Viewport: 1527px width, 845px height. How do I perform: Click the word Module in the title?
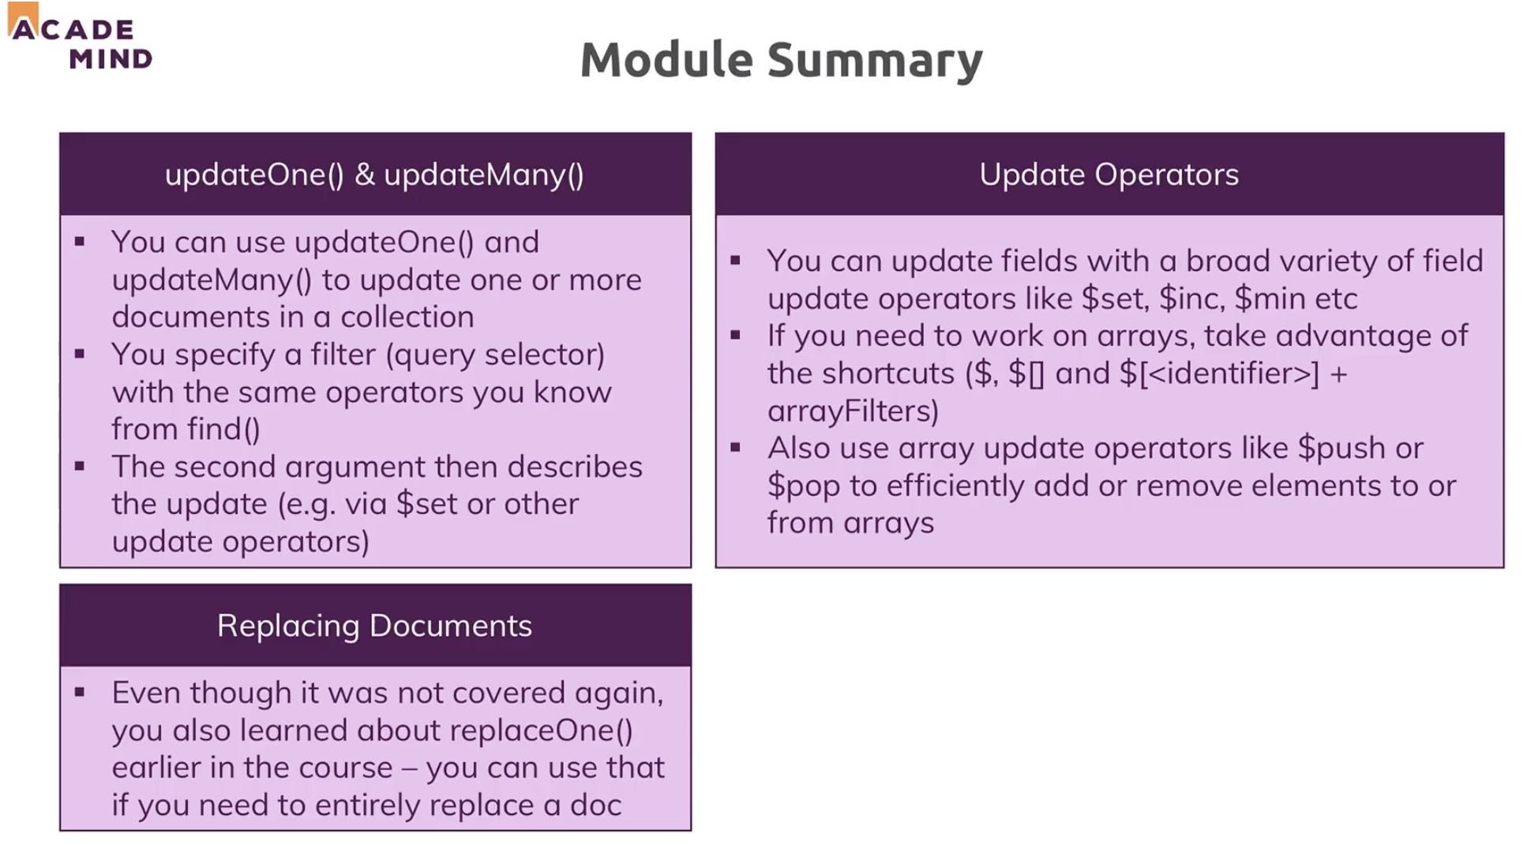pyautogui.click(x=666, y=60)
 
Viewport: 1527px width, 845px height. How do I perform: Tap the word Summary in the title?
pyautogui.click(x=875, y=62)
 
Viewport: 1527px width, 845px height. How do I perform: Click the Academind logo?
pyautogui.click(x=79, y=38)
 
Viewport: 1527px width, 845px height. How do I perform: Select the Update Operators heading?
pyautogui.click(x=1109, y=175)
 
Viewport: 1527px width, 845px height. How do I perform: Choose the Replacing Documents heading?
pyautogui.click(x=374, y=625)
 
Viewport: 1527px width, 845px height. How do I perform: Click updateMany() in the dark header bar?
pyautogui.click(x=483, y=175)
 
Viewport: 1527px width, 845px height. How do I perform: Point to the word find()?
pyautogui.click(x=223, y=429)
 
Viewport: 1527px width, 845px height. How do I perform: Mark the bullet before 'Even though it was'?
pyautogui.click(x=80, y=693)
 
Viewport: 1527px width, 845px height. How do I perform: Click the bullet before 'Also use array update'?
pyautogui.click(x=736, y=448)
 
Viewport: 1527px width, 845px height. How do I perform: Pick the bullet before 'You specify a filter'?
pyautogui.click(x=80, y=354)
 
